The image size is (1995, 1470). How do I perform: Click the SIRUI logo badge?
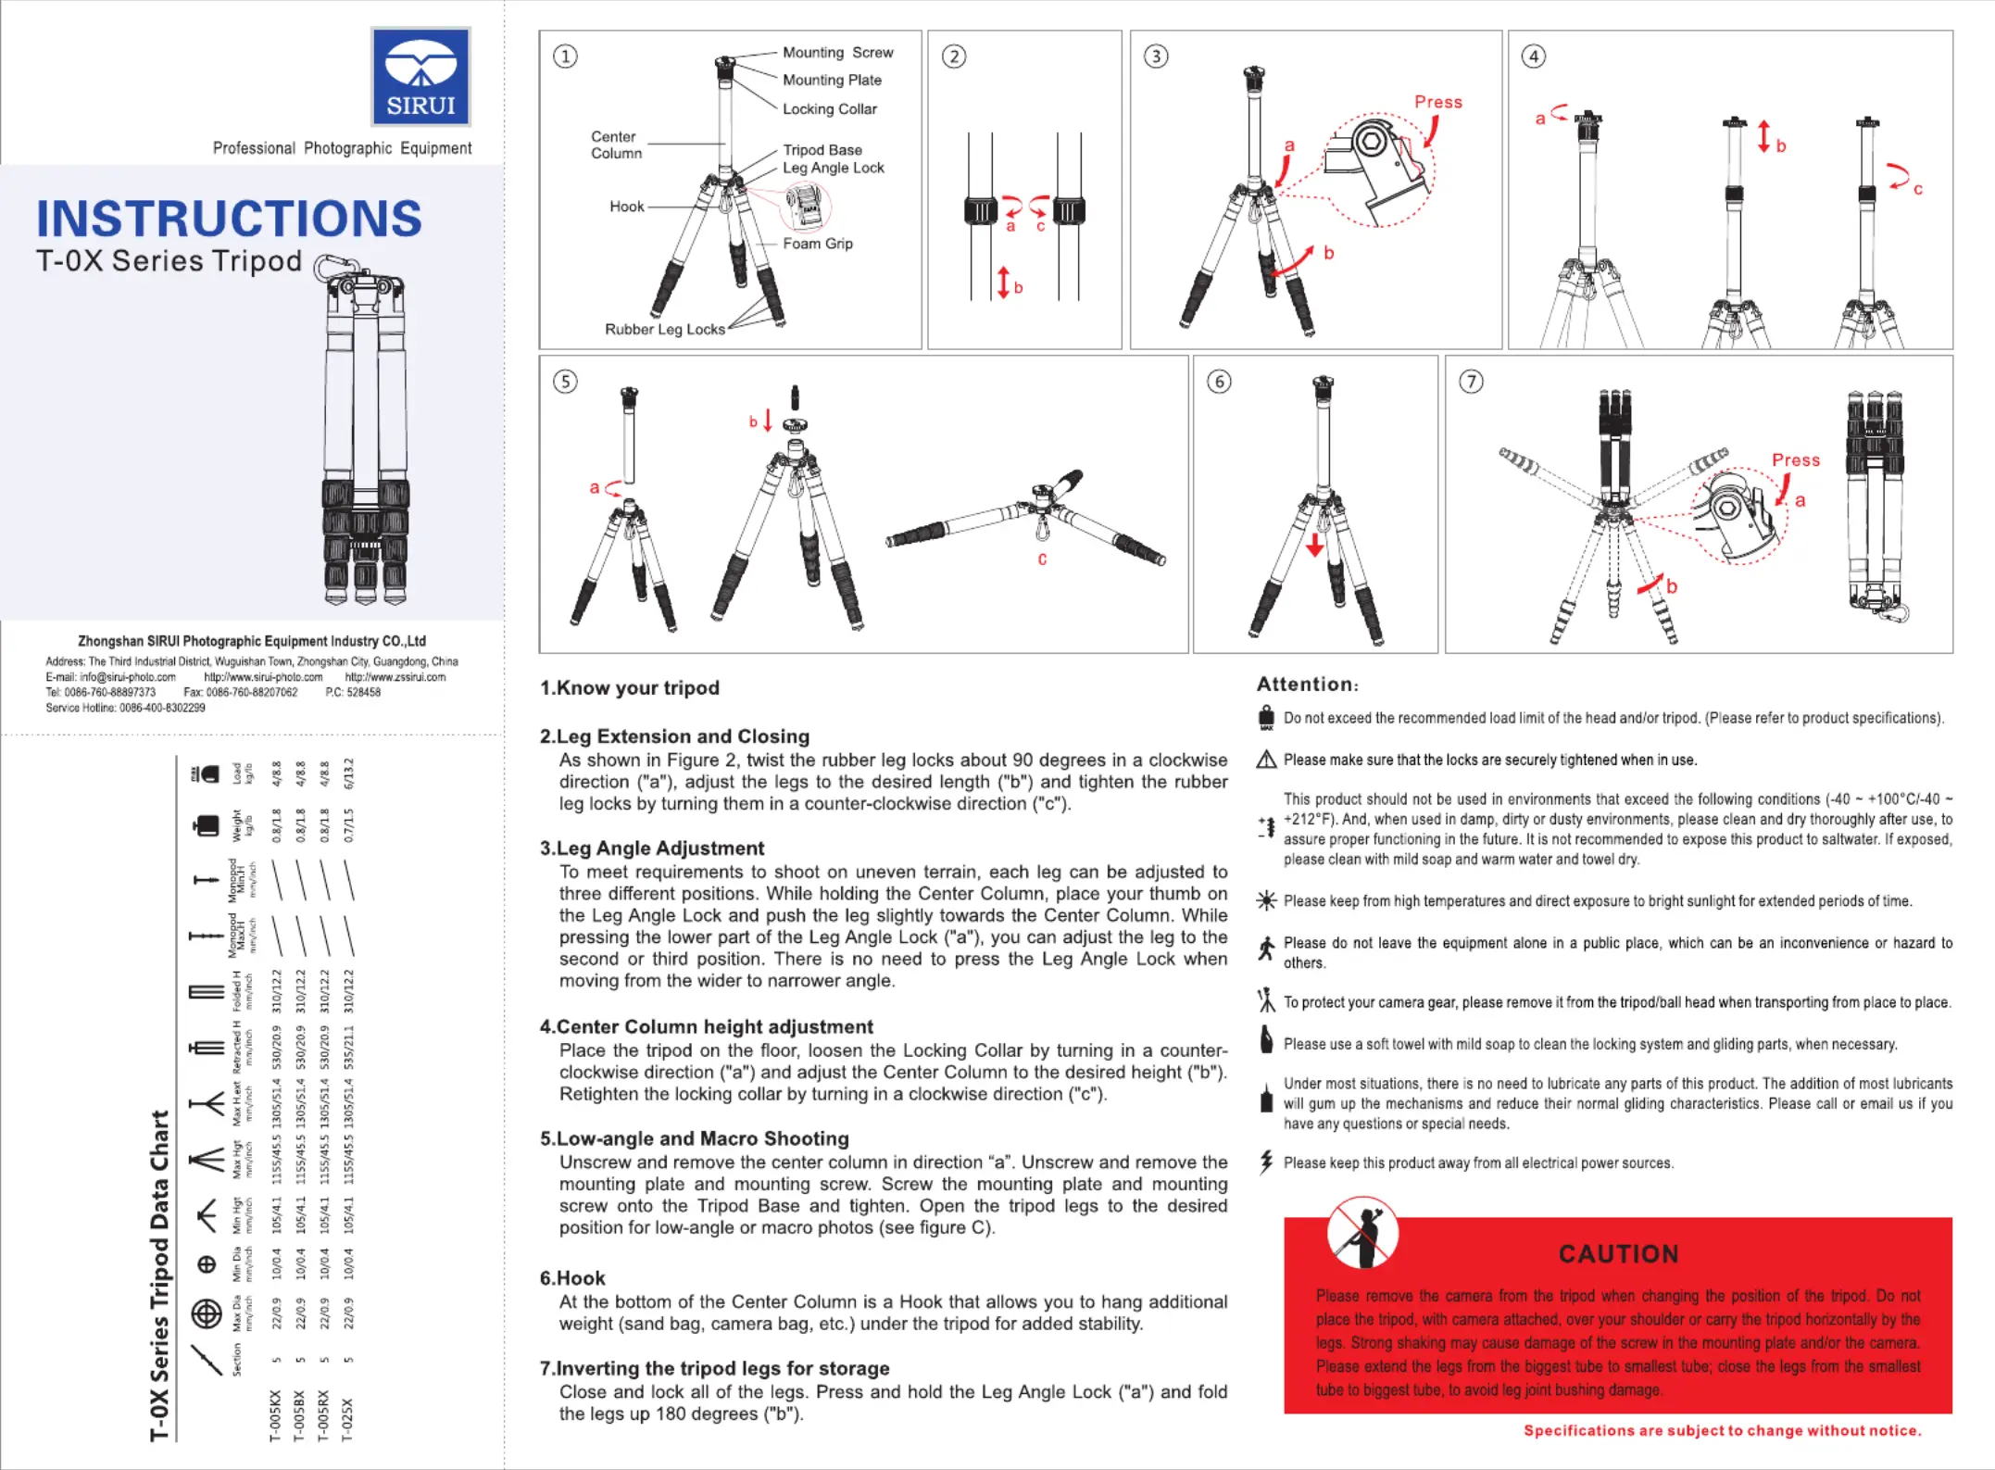point(420,77)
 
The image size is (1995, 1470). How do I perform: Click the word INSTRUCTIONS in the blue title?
point(229,219)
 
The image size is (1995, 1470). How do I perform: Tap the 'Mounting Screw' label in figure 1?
point(837,53)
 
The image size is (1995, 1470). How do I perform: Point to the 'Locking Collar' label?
point(829,109)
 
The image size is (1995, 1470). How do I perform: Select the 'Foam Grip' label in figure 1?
point(817,244)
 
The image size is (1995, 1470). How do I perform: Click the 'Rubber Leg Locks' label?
point(664,330)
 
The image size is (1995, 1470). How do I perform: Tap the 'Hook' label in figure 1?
point(626,207)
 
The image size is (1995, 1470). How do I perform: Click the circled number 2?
point(954,57)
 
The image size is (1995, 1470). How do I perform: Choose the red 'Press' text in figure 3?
point(1437,102)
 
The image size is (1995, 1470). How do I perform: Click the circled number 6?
point(1219,382)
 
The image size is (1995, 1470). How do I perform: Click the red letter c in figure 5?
point(1042,559)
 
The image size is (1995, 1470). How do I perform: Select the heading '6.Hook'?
point(572,1278)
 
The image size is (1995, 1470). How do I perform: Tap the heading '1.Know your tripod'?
point(629,688)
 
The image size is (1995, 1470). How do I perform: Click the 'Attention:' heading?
point(1307,685)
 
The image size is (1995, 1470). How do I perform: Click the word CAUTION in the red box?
point(1618,1254)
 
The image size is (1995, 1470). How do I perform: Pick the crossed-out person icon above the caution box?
point(1362,1233)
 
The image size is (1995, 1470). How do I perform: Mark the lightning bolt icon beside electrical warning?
point(1266,1162)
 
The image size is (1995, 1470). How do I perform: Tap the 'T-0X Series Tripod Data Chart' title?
point(159,1275)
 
